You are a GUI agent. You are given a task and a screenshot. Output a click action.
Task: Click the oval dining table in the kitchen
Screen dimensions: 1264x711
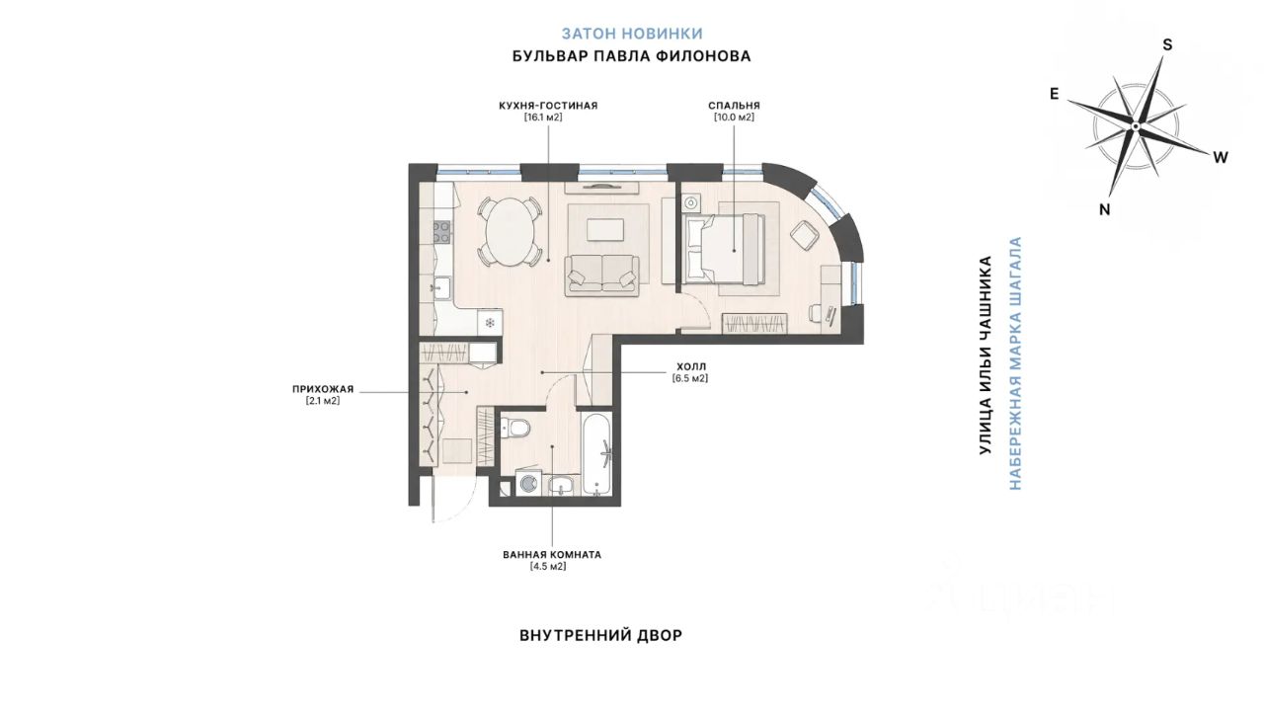511,232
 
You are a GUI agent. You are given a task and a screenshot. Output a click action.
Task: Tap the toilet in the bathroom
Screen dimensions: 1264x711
515,428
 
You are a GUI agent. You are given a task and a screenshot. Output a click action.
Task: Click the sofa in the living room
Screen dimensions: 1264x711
602,275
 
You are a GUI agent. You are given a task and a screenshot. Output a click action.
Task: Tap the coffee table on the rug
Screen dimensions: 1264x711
605,230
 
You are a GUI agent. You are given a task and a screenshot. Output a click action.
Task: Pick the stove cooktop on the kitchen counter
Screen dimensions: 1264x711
441,232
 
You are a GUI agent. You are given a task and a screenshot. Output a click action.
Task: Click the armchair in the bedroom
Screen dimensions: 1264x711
805,236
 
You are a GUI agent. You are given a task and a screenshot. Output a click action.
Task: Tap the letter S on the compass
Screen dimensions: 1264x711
1167,45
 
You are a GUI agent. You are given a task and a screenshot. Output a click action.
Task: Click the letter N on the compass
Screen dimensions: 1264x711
1105,210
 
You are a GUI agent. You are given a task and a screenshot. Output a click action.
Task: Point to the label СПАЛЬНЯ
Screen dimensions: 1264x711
734,106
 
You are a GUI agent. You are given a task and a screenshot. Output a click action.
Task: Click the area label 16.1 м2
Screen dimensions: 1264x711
543,118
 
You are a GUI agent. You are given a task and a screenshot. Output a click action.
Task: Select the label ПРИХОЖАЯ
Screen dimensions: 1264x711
323,389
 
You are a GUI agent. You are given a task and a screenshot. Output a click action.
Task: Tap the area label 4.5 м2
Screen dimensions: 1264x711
547,566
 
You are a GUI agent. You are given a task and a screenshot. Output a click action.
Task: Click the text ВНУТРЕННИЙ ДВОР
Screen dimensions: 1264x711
601,635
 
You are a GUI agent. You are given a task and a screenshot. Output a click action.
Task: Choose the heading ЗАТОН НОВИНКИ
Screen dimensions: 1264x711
632,34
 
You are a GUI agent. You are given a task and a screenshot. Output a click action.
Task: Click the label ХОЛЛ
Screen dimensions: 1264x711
691,366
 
